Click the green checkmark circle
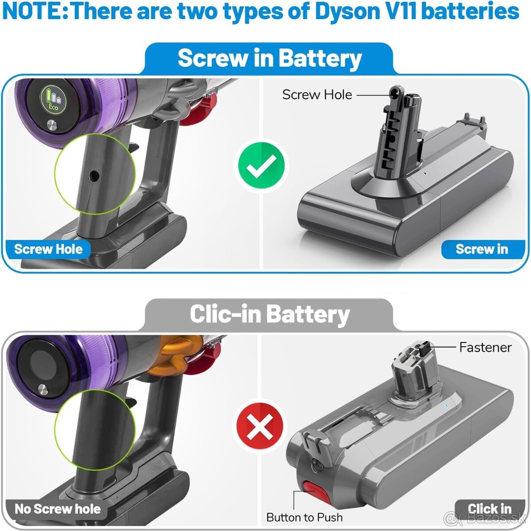(261, 165)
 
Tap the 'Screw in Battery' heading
(269, 59)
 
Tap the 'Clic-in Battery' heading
(269, 315)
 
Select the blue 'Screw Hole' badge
(48, 249)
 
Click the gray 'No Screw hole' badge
(58, 509)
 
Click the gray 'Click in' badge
(489, 509)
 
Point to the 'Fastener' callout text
(485, 347)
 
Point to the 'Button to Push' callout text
(304, 517)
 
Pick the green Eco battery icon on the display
(53, 98)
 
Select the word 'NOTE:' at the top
(35, 12)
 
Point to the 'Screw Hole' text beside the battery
(317, 95)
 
